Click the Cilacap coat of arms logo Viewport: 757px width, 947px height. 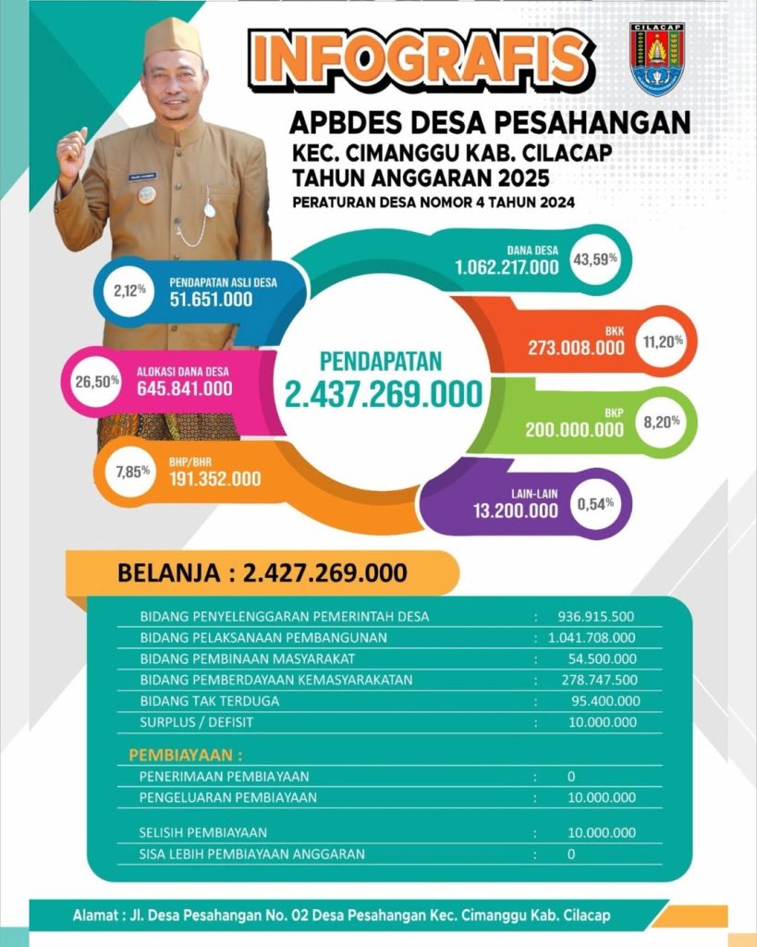656,58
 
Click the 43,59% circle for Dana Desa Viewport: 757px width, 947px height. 596,258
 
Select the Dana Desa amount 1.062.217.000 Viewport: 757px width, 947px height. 507,267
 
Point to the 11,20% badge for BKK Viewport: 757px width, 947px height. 663,341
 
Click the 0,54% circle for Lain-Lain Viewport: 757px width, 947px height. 595,504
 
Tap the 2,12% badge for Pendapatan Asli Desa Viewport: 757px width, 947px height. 129,290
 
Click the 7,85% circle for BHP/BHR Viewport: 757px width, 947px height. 132,473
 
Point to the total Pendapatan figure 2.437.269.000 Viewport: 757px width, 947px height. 383,394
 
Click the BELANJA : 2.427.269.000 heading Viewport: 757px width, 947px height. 262,572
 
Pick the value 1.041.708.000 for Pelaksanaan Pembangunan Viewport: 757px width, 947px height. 591,637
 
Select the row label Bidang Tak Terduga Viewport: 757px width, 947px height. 209,701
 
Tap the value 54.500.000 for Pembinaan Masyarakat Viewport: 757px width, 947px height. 602,658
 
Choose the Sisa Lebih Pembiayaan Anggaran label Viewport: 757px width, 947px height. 251,854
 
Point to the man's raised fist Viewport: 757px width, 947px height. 72,154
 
